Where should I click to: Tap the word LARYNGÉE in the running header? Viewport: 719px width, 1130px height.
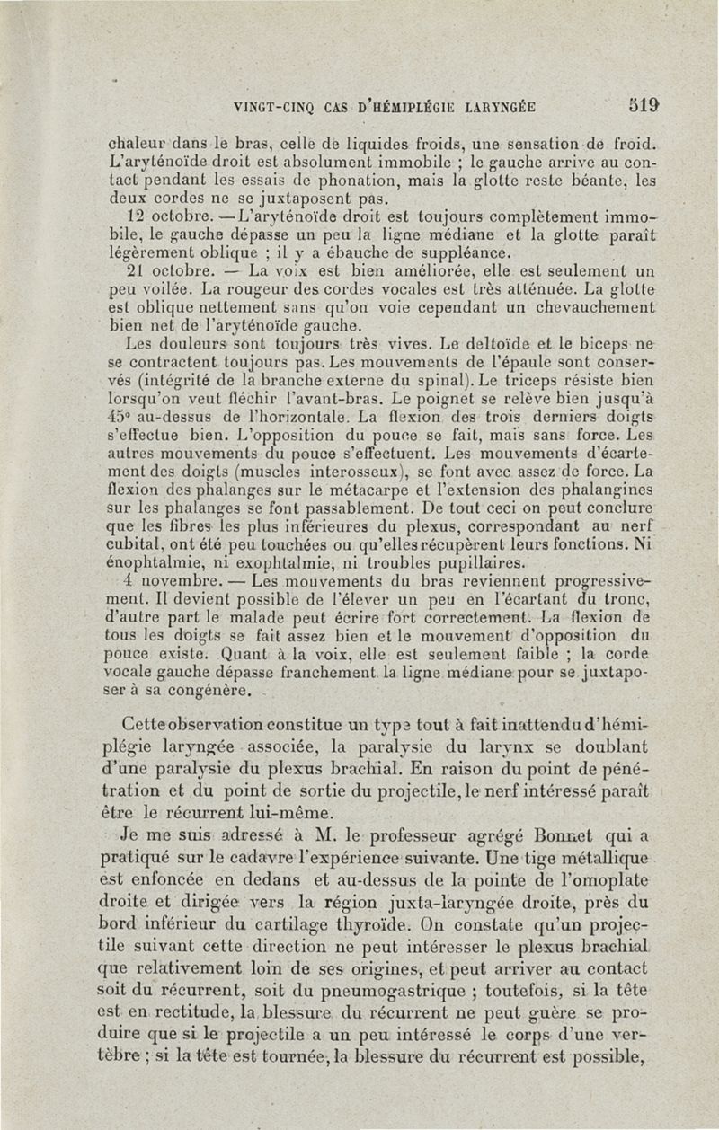[x=500, y=106]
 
